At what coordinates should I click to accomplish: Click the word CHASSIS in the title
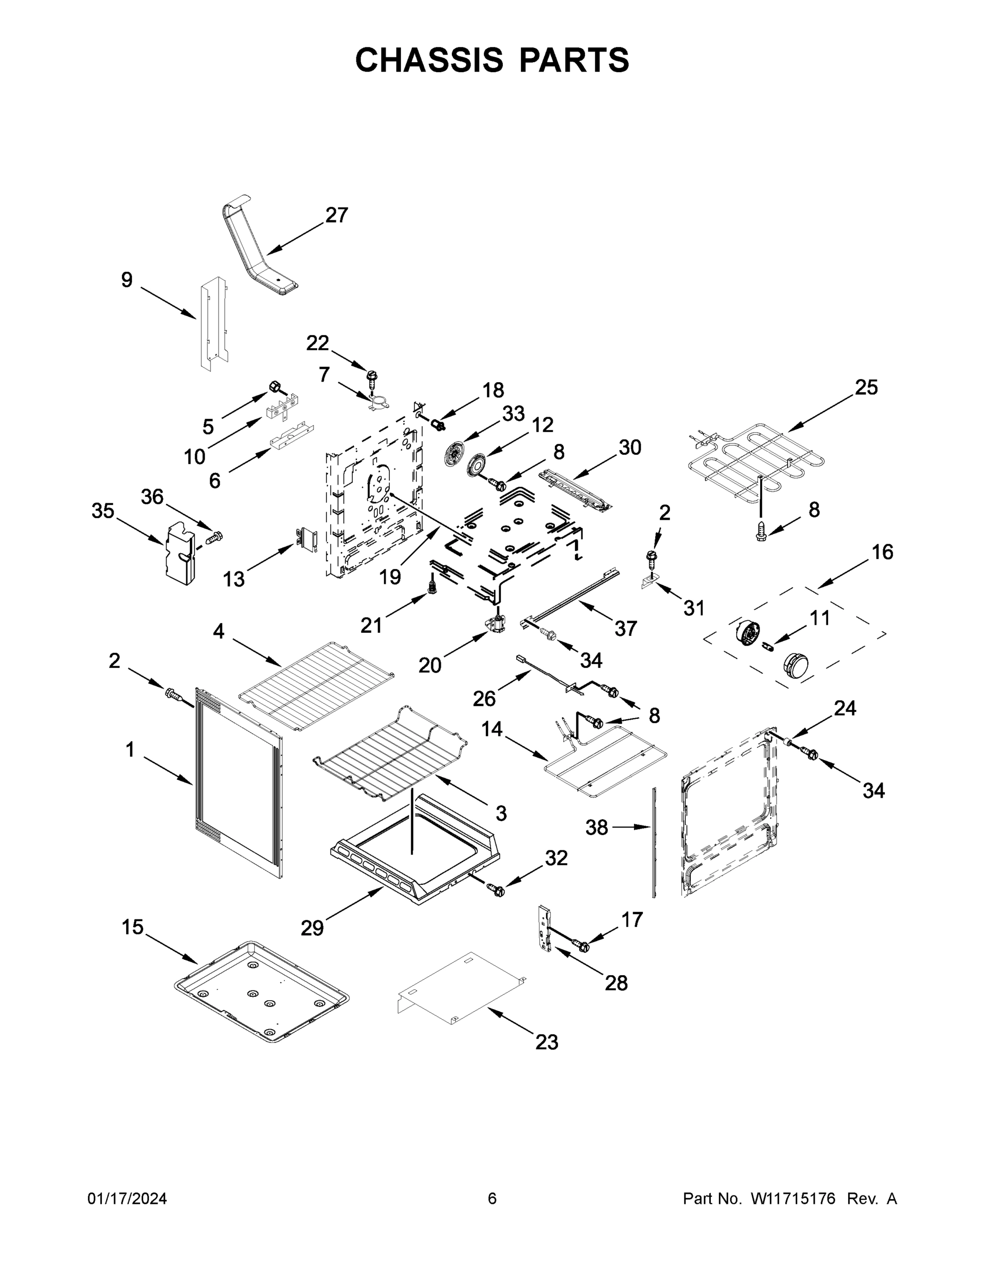click(429, 60)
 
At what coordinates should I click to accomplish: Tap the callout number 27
click(336, 215)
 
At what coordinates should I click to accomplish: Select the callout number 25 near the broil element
click(866, 388)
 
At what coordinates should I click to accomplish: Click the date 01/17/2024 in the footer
click(127, 1199)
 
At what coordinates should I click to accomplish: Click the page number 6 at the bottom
click(492, 1199)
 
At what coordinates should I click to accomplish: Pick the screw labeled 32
click(498, 890)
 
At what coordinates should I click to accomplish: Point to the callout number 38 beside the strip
click(596, 827)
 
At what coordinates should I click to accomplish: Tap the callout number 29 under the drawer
click(312, 928)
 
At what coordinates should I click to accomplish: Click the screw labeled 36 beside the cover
click(215, 536)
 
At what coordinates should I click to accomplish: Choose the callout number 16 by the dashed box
click(882, 552)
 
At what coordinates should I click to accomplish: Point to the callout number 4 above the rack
click(219, 631)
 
